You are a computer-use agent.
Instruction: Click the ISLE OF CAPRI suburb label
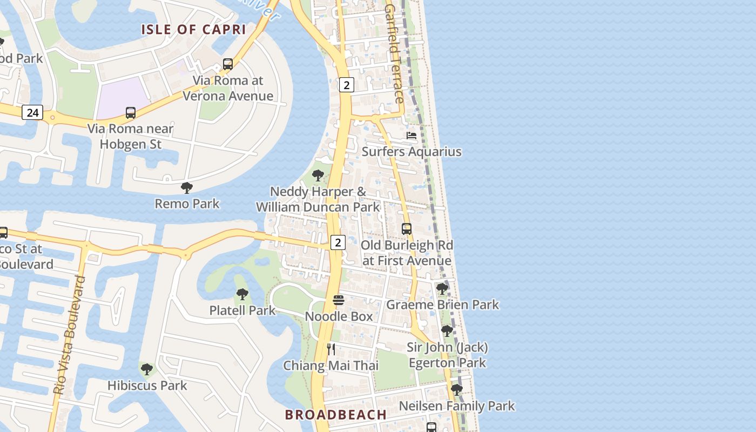pos(194,29)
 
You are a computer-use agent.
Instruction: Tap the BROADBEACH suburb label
pos(335,415)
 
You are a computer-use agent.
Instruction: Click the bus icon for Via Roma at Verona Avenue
pos(228,64)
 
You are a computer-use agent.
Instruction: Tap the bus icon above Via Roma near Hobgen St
pos(131,113)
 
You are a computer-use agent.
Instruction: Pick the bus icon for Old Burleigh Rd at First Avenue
pos(407,229)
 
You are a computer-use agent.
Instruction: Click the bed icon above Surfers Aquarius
pos(411,136)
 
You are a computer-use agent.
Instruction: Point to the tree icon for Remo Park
pos(187,188)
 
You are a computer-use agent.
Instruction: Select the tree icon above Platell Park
pos(242,294)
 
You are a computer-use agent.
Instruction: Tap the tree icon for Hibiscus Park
pos(147,369)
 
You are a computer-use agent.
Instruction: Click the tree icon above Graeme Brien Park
pos(442,289)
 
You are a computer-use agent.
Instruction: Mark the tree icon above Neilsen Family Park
pos(457,389)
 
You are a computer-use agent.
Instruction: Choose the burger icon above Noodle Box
pos(339,300)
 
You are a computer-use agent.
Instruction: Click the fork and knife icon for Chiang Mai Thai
pos(331,349)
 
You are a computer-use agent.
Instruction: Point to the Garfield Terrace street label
pos(395,54)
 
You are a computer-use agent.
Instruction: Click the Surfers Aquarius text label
pos(411,152)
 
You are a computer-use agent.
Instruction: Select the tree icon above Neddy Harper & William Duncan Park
pos(318,175)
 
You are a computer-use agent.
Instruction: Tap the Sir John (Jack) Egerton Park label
pos(448,355)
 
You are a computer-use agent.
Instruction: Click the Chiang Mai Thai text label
pos(331,366)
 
